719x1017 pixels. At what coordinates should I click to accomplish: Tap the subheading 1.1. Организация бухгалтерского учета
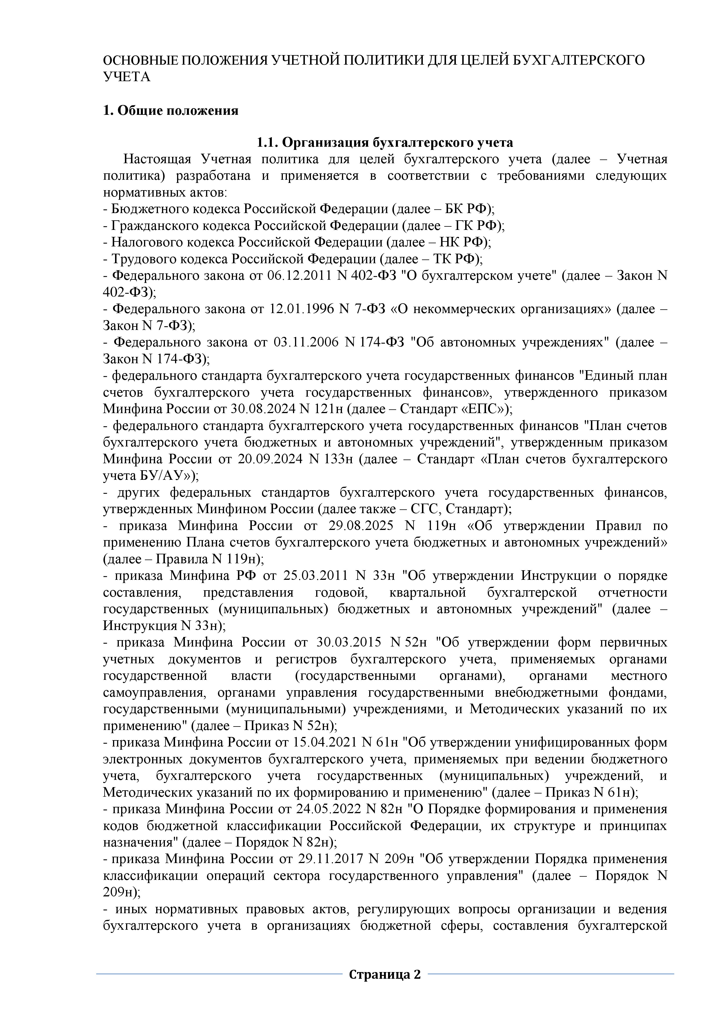click(385, 143)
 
